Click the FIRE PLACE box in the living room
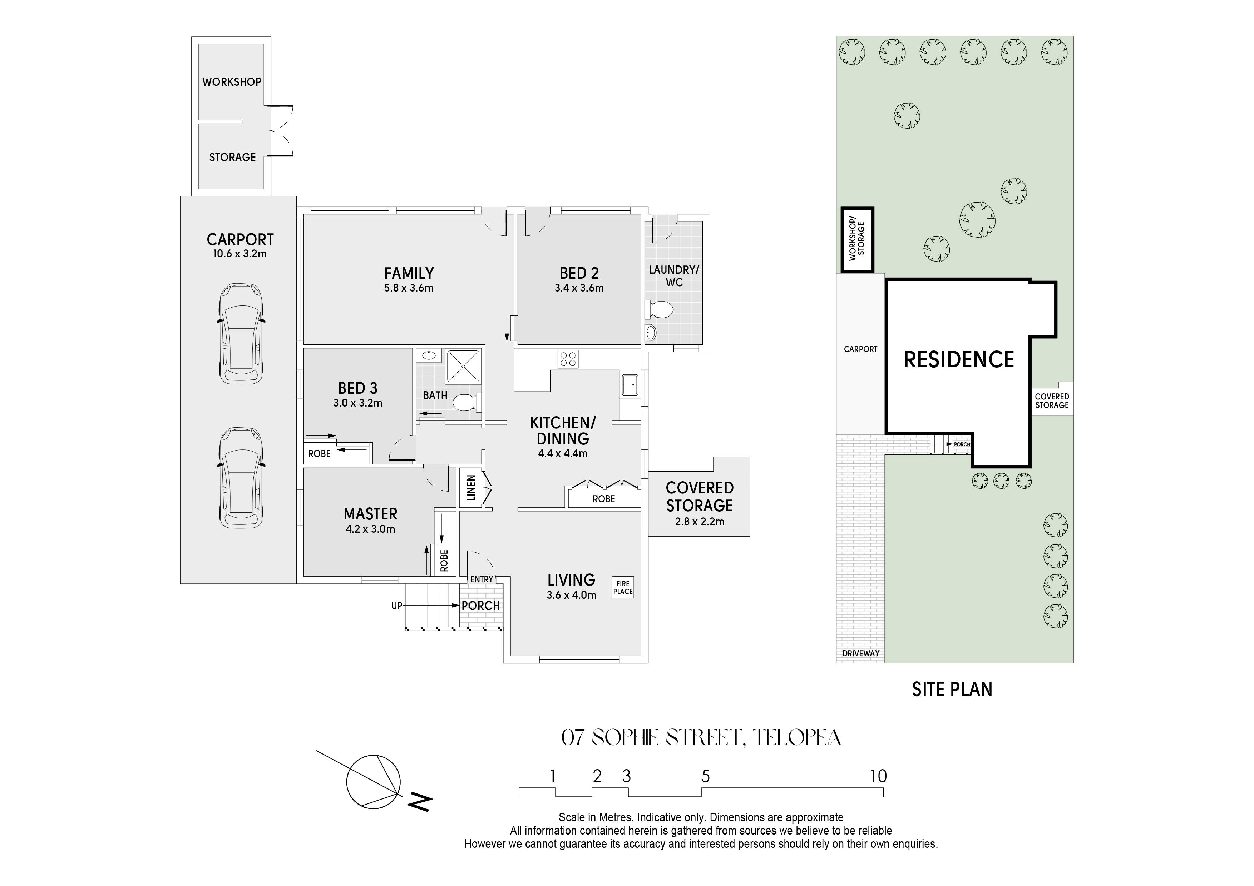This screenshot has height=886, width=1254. coord(623,587)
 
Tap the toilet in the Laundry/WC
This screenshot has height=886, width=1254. coord(659,309)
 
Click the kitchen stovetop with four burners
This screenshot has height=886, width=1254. coord(567,359)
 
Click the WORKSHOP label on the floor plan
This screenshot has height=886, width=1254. coord(232,82)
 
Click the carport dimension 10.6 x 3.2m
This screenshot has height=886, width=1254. coord(240,254)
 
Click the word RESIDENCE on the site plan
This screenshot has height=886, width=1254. coord(959,360)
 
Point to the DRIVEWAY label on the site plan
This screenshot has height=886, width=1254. coord(861,653)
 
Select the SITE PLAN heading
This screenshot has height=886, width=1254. coord(952,690)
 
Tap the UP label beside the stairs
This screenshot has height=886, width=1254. coord(396,606)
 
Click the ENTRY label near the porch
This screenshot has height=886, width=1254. coord(482,579)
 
